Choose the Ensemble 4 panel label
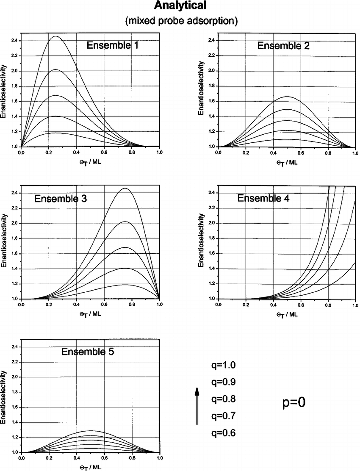pyautogui.click(x=263, y=198)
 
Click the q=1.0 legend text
pyautogui.click(x=223, y=365)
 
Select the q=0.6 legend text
pyautogui.click(x=223, y=433)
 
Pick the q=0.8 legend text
pyautogui.click(x=223, y=399)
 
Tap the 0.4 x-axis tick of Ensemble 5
pyautogui.click(x=77, y=458)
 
